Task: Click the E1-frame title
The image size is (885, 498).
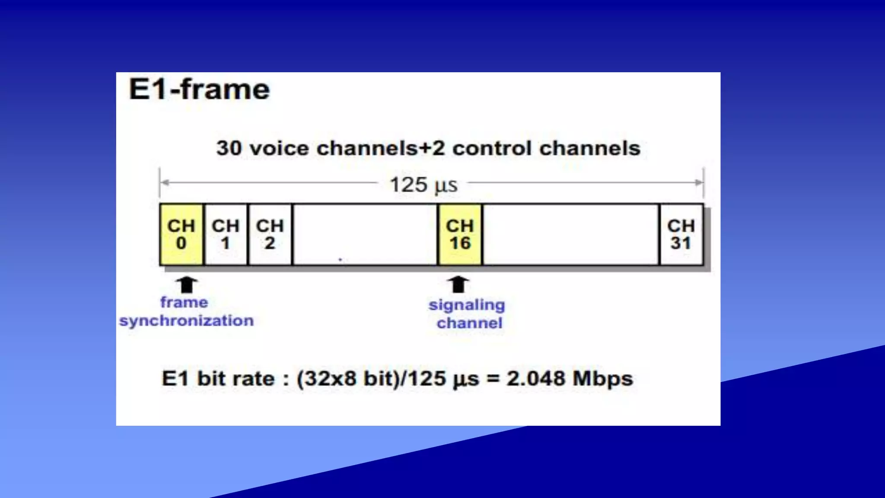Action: pos(199,89)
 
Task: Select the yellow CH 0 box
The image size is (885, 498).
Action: pos(181,234)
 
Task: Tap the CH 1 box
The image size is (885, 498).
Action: pos(226,234)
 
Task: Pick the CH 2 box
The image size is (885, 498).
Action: pos(270,234)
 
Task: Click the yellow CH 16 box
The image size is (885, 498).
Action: pos(460,234)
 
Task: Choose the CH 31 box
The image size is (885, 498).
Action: pos(681,234)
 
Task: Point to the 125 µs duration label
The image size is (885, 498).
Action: pos(423,185)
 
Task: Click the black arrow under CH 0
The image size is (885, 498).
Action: pos(187,285)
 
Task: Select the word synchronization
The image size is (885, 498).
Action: pos(186,321)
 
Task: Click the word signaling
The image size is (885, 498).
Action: pos(467,305)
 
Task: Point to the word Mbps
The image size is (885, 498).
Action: pos(603,379)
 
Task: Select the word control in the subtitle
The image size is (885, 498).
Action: pos(493,148)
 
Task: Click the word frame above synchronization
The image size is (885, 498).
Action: pos(184,302)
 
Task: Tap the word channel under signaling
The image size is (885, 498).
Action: pos(470,323)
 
